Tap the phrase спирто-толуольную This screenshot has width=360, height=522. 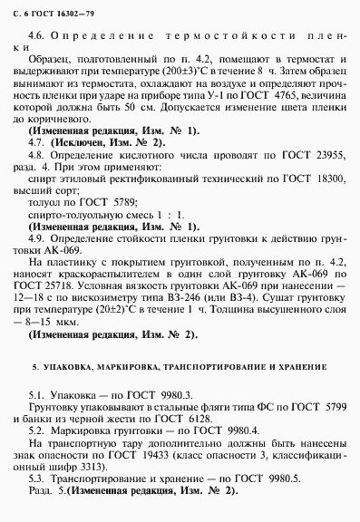coord(74,217)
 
